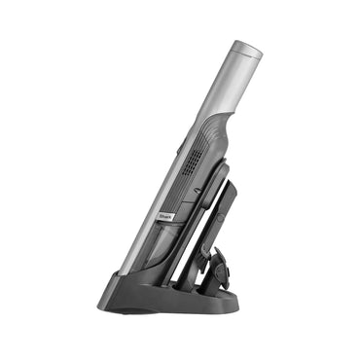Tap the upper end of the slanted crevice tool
tap(227, 176)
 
